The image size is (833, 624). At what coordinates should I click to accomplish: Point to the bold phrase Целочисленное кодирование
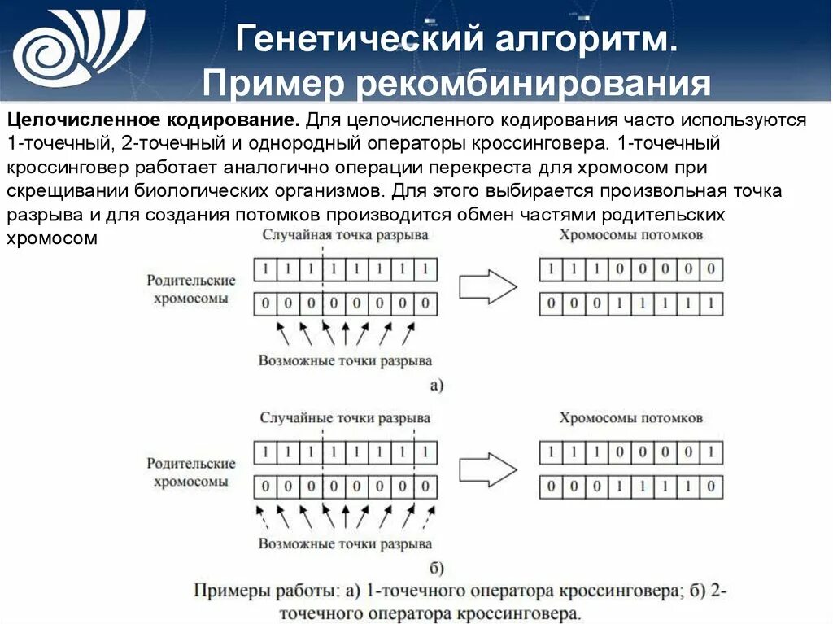153,120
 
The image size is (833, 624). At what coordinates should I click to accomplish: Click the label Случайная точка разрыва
345,234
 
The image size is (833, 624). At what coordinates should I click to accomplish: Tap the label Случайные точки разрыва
345,417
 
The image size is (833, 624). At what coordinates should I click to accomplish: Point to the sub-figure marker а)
436,385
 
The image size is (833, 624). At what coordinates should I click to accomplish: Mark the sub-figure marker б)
436,568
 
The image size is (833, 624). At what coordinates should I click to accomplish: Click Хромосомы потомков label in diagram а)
631,234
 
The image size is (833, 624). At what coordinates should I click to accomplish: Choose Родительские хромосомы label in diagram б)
191,472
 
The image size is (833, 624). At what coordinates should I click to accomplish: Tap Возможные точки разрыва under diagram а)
345,360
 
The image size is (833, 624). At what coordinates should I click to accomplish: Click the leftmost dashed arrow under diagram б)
262,517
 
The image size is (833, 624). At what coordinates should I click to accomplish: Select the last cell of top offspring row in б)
713,452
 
